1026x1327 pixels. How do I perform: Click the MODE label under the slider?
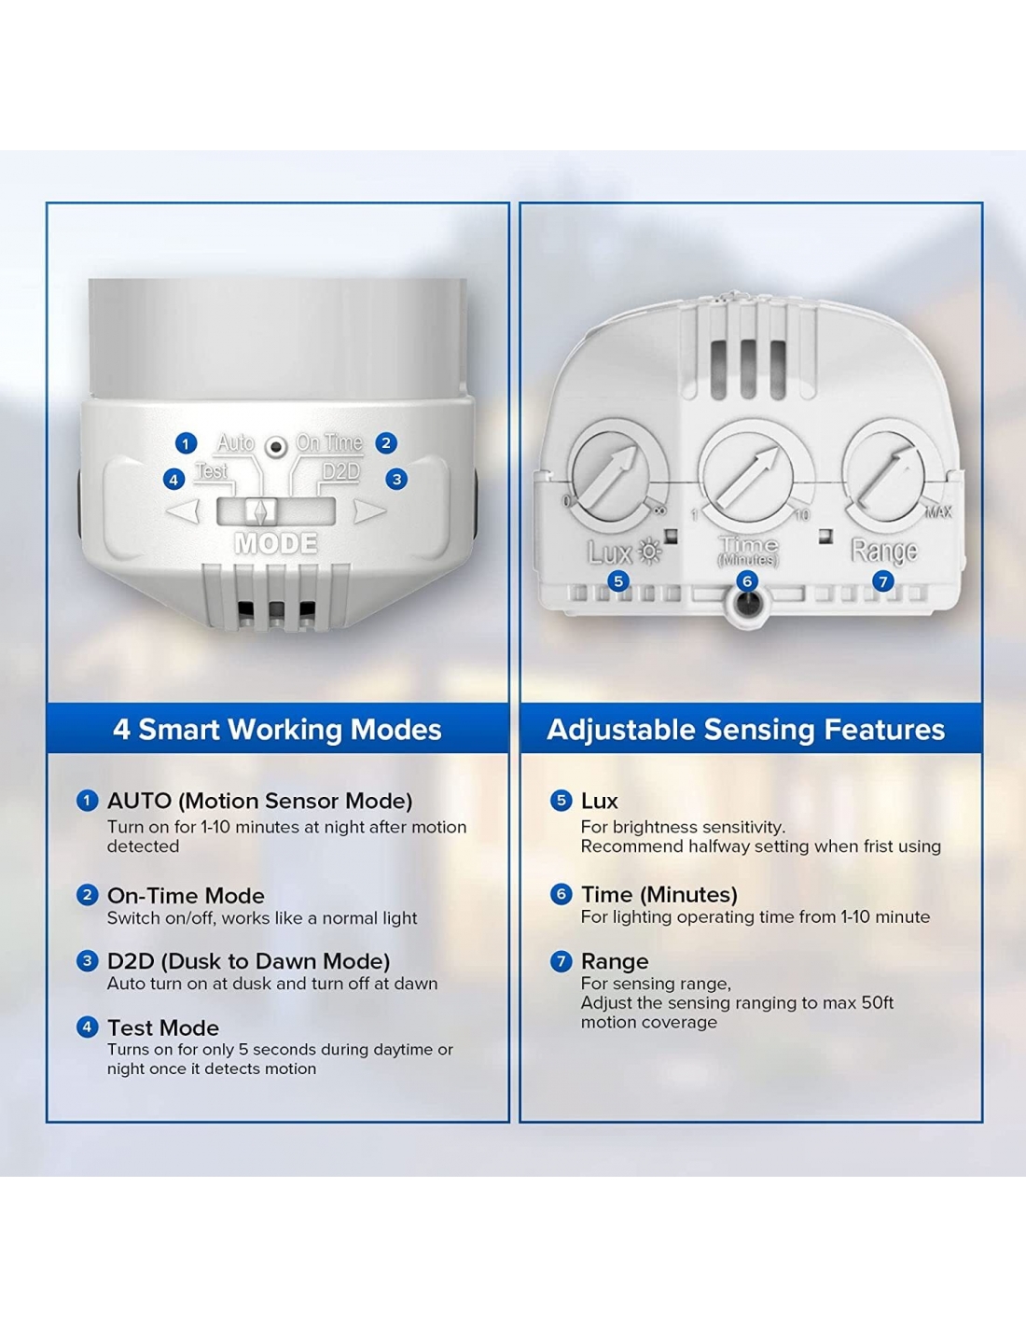point(276,543)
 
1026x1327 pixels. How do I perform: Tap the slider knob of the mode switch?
point(260,511)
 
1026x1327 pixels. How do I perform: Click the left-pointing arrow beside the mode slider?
point(183,511)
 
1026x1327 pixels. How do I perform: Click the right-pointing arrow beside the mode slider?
point(370,511)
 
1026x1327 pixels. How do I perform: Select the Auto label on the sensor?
point(236,442)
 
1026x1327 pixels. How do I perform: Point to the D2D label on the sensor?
point(340,472)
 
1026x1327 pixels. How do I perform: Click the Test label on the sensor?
point(211,471)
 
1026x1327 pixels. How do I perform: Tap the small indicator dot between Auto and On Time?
point(276,447)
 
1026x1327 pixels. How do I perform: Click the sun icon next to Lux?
point(649,552)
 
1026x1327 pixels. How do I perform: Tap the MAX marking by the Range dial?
point(938,511)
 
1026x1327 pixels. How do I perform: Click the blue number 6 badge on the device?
point(747,581)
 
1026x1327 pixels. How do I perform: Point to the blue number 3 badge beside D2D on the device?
point(396,479)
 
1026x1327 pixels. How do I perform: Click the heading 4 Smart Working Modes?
point(277,729)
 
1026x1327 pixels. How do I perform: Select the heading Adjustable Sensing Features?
point(746,729)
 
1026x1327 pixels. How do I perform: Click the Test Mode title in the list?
point(163,1027)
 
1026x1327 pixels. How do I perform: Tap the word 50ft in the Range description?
point(877,1003)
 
